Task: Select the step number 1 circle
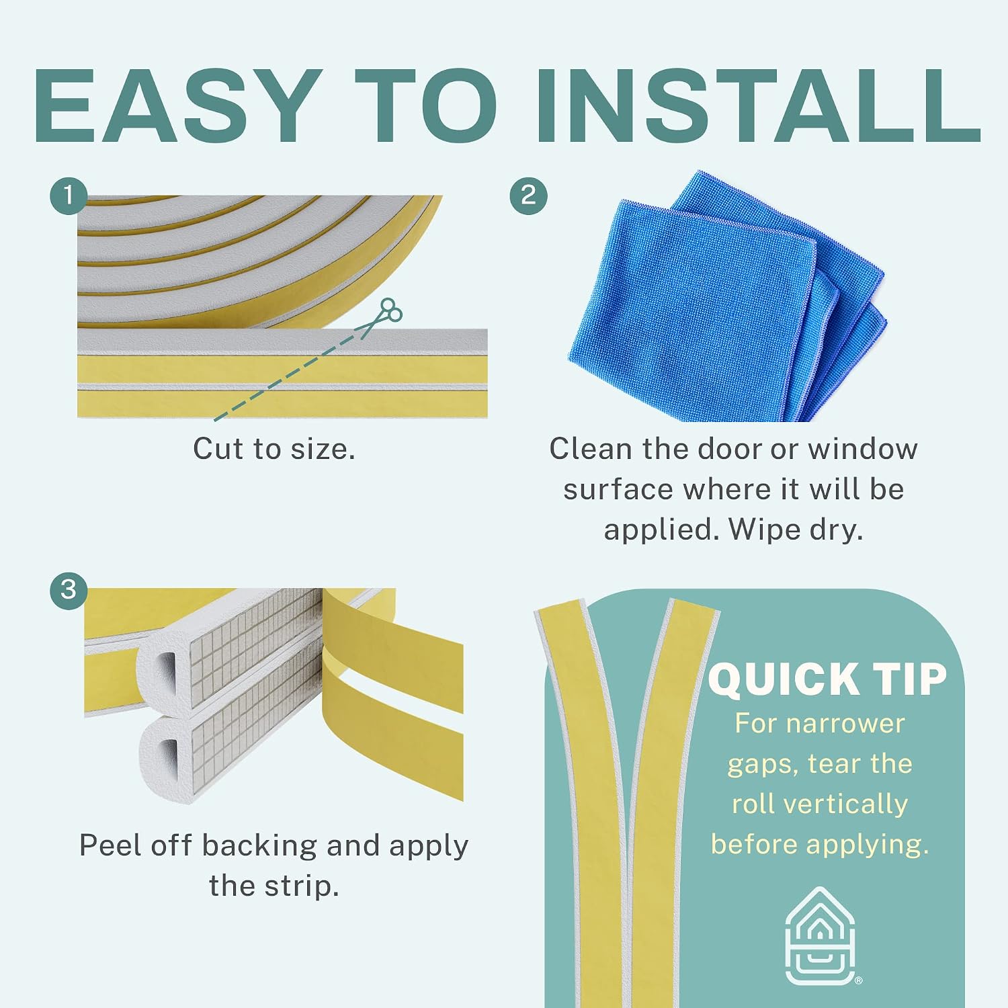[x=69, y=196]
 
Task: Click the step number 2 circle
[x=529, y=196]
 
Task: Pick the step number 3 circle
[x=69, y=590]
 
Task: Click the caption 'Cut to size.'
[x=274, y=449]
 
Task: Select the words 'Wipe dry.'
[x=796, y=530]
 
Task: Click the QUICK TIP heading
[x=827, y=679]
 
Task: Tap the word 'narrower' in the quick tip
[x=845, y=724]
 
